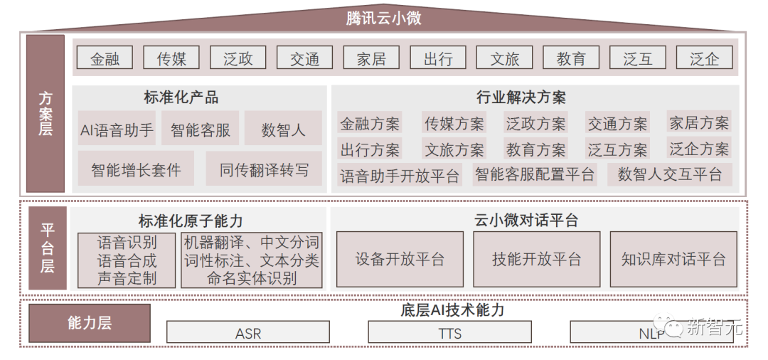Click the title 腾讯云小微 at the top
tap(383, 18)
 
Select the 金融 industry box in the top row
tap(105, 59)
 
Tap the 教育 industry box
tap(570, 59)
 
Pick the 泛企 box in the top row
tap(704, 59)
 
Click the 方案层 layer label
tap(46, 114)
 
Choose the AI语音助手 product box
tap(117, 129)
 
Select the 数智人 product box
tap(283, 129)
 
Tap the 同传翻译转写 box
tap(264, 169)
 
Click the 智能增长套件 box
tap(136, 169)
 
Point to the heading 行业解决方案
tap(521, 97)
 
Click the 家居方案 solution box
tap(699, 122)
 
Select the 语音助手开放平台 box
tap(400, 175)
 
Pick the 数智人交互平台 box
tap(670, 174)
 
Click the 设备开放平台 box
tap(400, 259)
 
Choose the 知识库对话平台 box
tap(673, 259)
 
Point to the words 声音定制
tap(127, 277)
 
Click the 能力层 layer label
tap(90, 323)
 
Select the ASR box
tap(248, 332)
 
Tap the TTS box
tap(449, 332)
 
